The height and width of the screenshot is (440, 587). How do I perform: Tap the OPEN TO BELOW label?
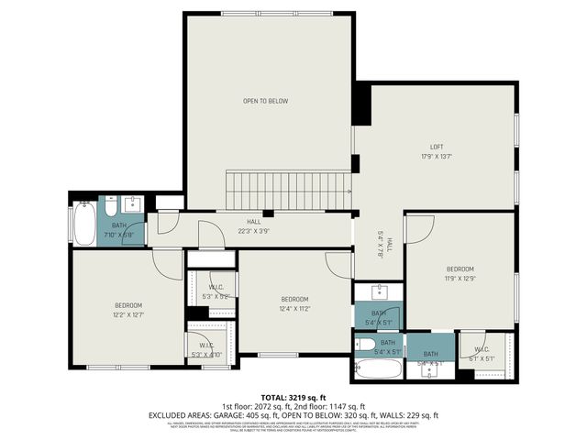(265, 101)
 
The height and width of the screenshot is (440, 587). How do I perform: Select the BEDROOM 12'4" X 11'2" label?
(294, 299)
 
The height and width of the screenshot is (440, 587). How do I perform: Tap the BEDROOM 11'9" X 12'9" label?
(460, 269)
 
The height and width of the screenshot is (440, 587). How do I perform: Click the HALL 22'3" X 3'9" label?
(254, 222)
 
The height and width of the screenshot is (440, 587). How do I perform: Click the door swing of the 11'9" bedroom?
(417, 228)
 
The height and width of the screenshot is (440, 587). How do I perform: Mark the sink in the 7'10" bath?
(131, 202)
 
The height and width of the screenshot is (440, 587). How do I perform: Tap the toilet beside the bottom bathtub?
(364, 346)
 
